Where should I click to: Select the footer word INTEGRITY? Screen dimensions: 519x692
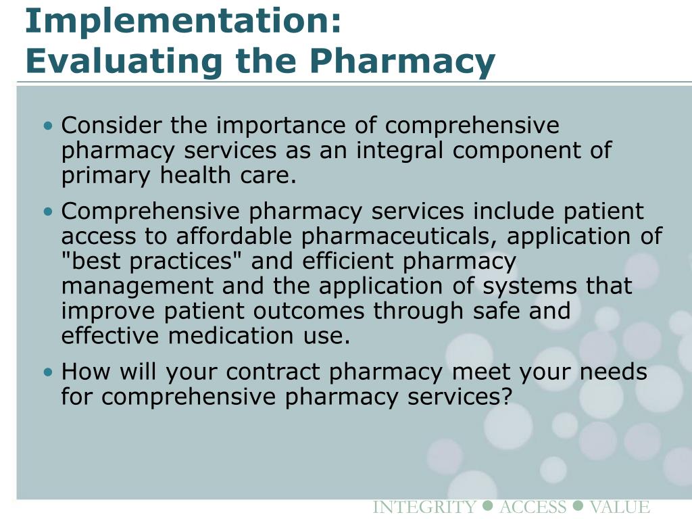(424, 508)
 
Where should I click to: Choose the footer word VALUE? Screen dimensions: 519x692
(619, 508)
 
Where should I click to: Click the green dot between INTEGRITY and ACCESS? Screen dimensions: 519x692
(489, 506)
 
